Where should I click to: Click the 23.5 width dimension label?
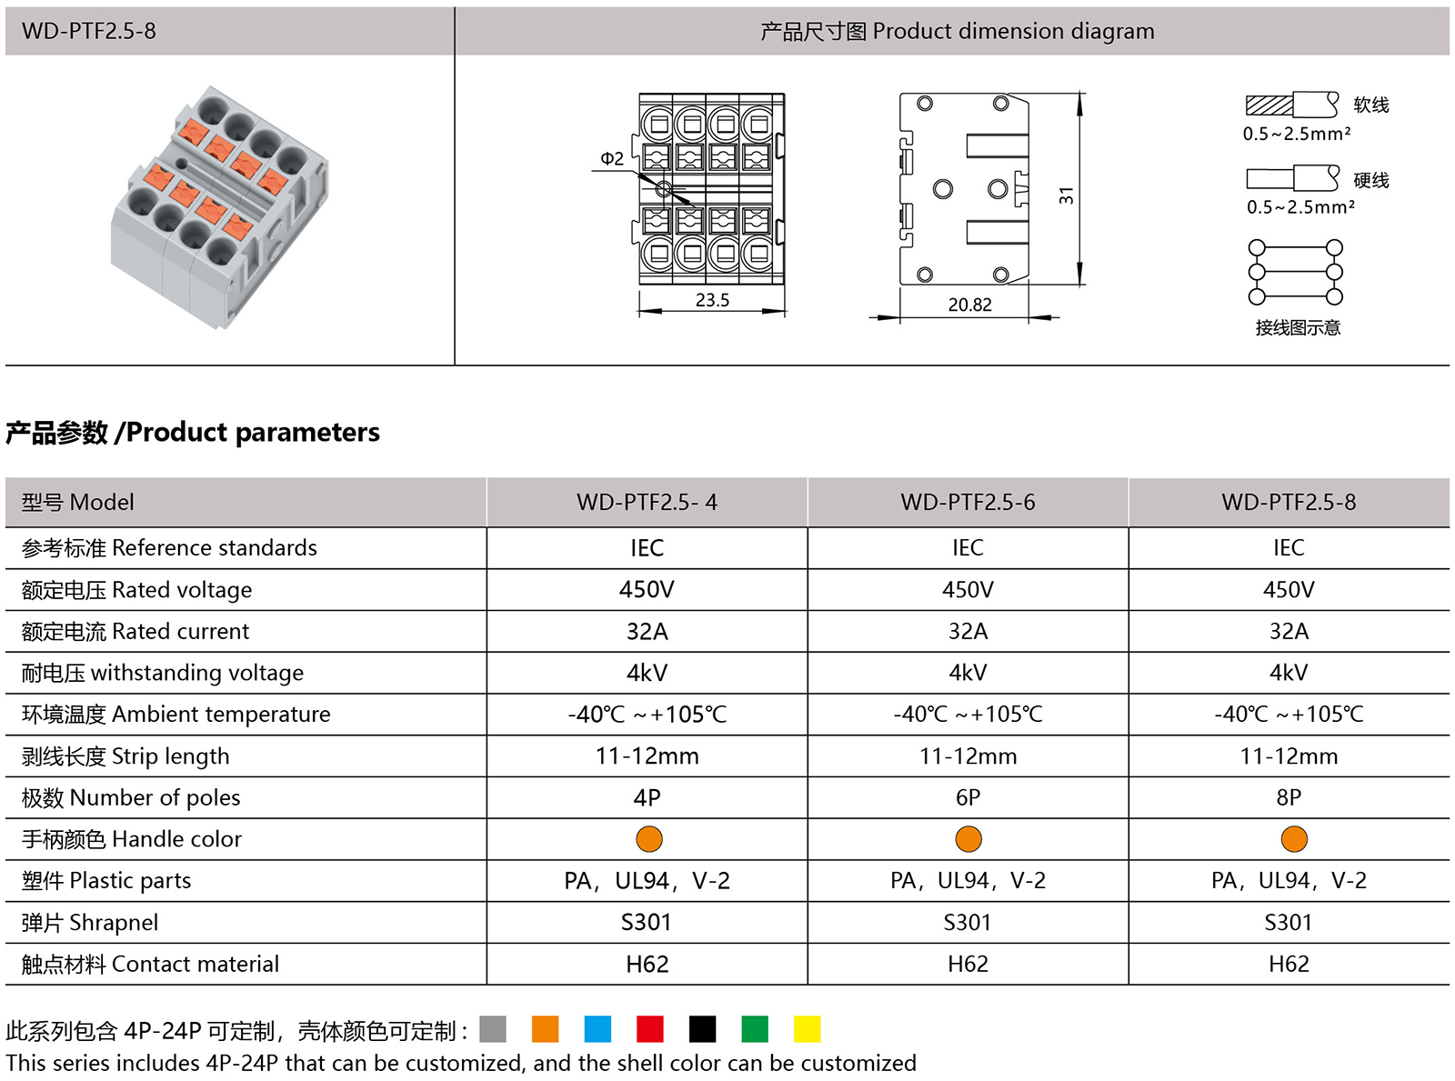tap(712, 300)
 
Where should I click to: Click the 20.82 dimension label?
tap(969, 305)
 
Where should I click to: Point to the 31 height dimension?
tap(1067, 195)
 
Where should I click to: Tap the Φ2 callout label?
tap(612, 159)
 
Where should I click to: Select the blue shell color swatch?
tap(597, 1029)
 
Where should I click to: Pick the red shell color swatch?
tap(650, 1029)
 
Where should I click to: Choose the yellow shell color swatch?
tap(807, 1029)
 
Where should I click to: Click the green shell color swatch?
tap(755, 1029)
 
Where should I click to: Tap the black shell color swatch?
tap(702, 1029)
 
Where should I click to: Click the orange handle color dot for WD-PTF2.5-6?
tap(968, 839)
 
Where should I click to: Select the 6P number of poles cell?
tap(968, 797)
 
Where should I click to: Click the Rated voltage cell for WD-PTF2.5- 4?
tap(647, 590)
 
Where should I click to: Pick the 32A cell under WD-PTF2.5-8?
tap(1289, 631)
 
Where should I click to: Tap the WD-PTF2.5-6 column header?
tap(968, 502)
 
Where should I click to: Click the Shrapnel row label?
tap(90, 923)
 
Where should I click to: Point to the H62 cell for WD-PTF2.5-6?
tap(968, 964)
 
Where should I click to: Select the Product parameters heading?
tap(193, 432)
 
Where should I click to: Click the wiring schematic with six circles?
tap(1296, 272)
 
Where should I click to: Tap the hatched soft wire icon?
tap(1291, 105)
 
